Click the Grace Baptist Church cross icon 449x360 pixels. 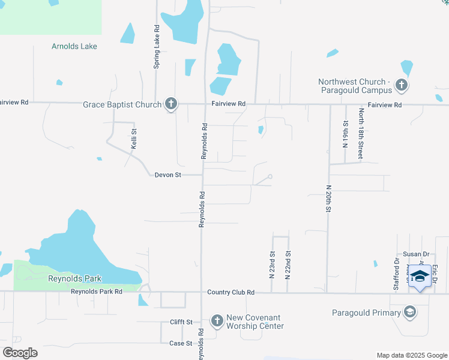pos(171,104)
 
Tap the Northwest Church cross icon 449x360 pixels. pos(402,86)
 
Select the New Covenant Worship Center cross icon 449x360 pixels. pos(217,322)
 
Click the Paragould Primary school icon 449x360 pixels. pos(410,312)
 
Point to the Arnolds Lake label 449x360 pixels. pos(74,46)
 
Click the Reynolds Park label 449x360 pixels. pos(75,278)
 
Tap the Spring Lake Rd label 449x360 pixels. pos(157,46)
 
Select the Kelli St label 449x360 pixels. pos(134,139)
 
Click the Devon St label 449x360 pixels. pos(167,175)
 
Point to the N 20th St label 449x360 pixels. pos(329,199)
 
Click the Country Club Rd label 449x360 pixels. pos(231,292)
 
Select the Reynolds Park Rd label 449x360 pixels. pos(97,292)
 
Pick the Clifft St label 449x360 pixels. pos(181,322)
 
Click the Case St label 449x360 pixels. pos(181,343)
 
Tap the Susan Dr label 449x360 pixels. pos(414,254)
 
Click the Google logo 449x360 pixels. pos(20,353)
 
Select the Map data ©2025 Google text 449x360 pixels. pos(412,355)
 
